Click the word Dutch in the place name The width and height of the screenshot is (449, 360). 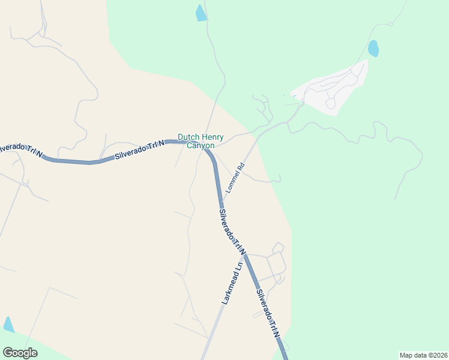point(188,137)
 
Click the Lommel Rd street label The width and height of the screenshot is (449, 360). point(235,178)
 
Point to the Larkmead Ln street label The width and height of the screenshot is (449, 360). point(232,283)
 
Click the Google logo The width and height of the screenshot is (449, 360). point(20,353)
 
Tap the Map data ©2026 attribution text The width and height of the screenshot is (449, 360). point(423,355)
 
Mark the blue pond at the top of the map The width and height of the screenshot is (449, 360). point(200,13)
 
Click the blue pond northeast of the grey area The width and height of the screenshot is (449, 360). point(373,48)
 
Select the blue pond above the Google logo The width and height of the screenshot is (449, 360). point(8,324)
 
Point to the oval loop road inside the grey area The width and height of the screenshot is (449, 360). point(330,103)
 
